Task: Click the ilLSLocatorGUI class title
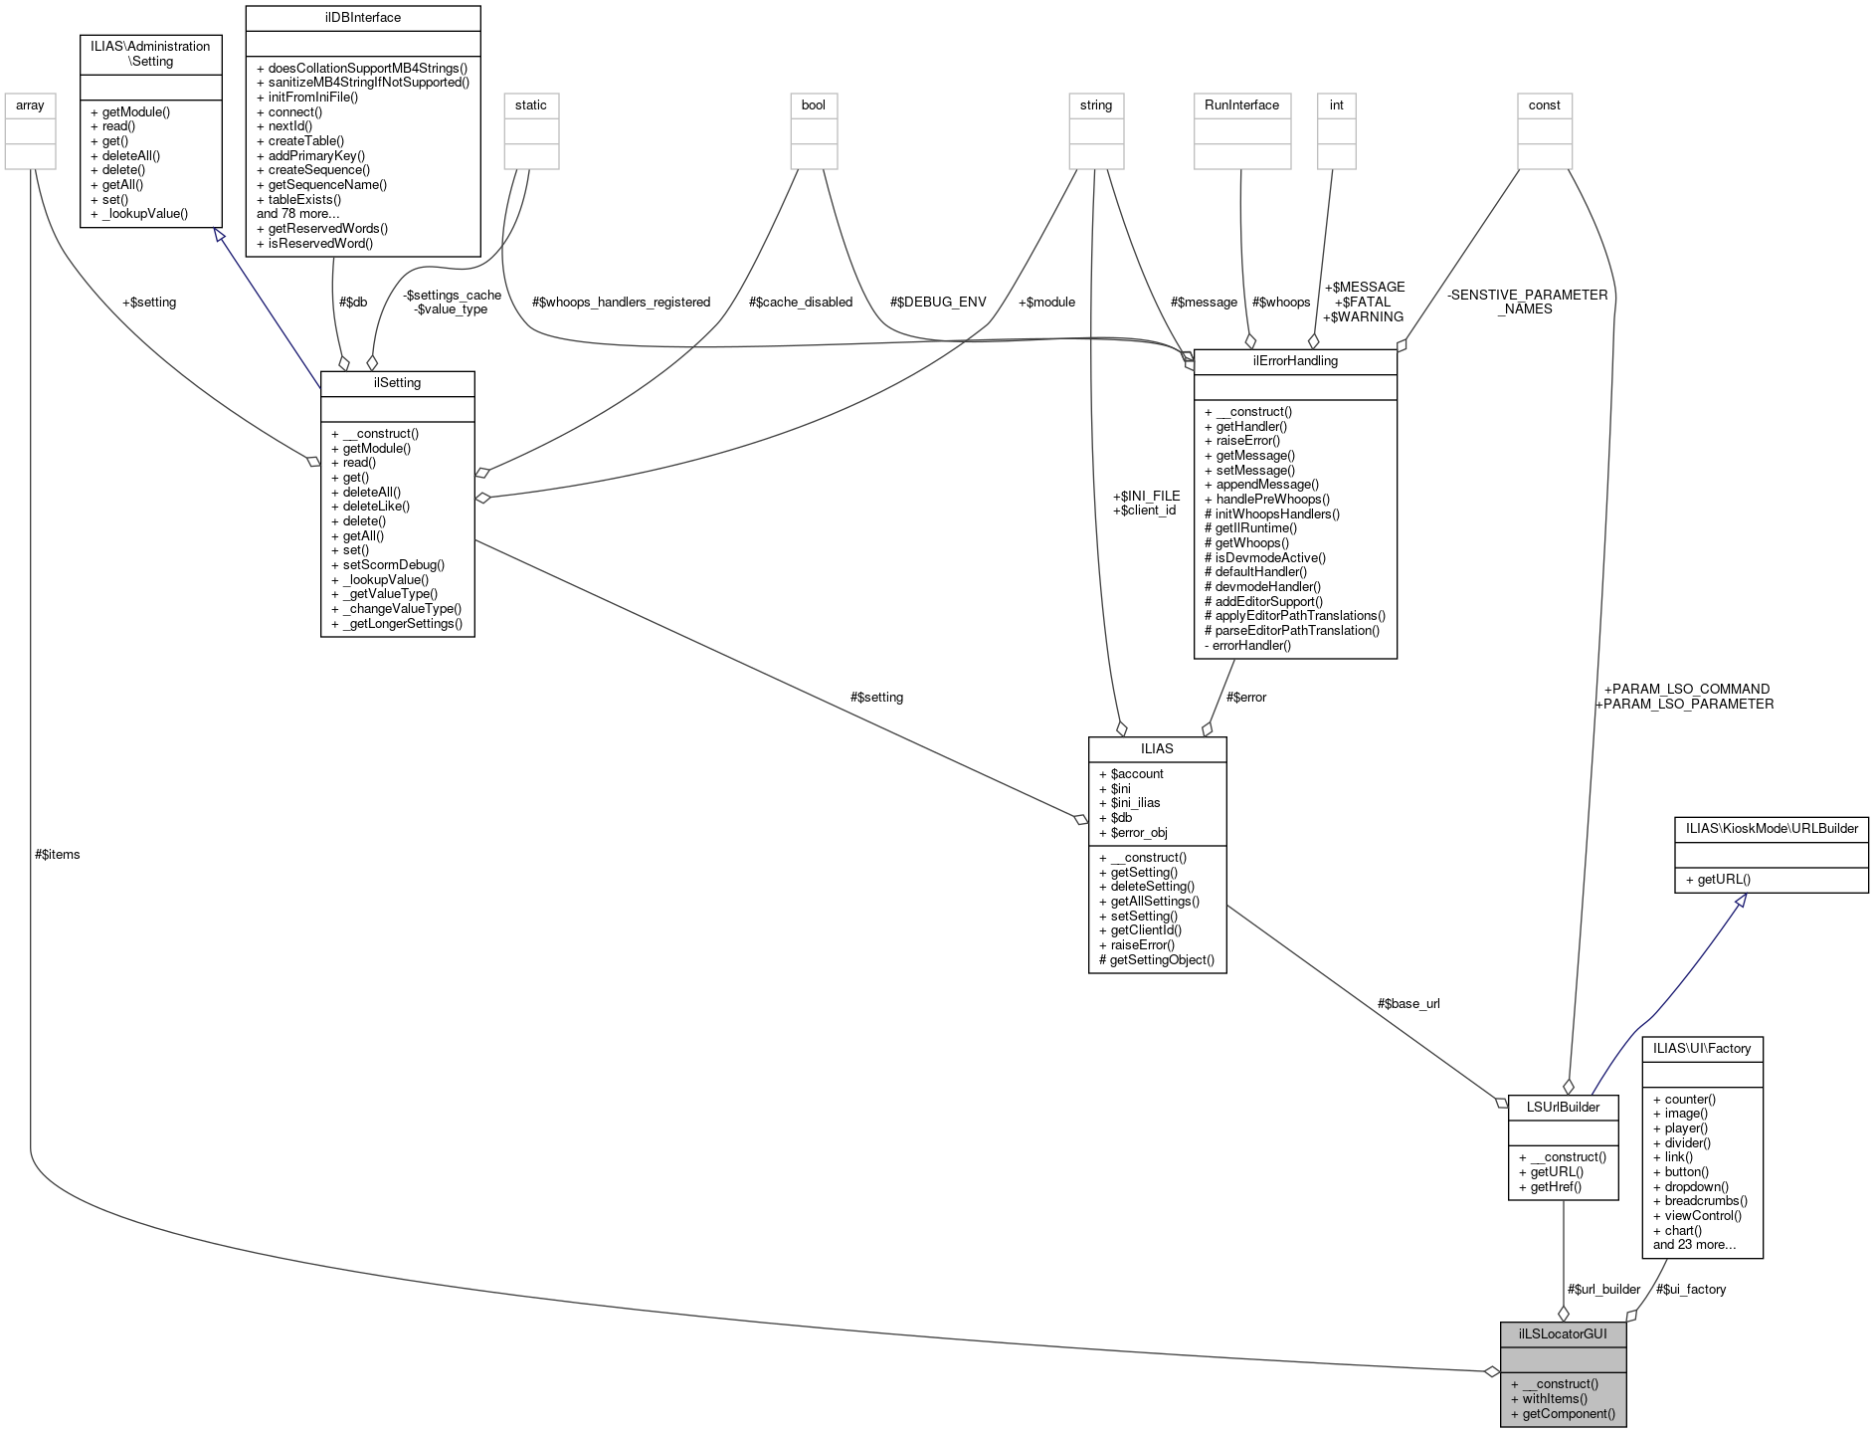click(1563, 1333)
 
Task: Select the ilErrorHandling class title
click(1295, 361)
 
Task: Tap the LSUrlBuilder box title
click(1563, 1107)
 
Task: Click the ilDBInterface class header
click(362, 18)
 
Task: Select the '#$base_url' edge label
click(1408, 1003)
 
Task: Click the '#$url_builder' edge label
click(1603, 1289)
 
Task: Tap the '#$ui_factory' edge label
click(1691, 1289)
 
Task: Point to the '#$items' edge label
click(58, 854)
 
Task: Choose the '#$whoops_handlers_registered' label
click(622, 302)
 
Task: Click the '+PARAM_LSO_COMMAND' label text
click(1687, 689)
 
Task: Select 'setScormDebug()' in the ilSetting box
click(393, 564)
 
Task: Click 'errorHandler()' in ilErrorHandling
click(1251, 645)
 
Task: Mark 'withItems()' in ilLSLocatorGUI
click(1555, 1398)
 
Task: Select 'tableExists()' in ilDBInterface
click(304, 199)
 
